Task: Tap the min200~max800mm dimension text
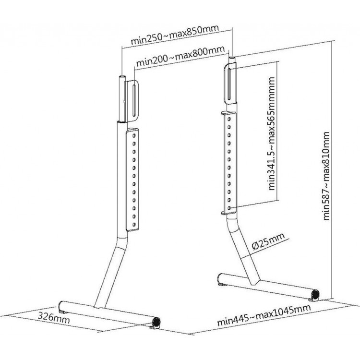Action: click(180, 56)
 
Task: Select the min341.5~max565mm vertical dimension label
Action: click(272, 133)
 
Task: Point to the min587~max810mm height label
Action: click(326, 176)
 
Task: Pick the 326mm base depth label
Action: click(54, 317)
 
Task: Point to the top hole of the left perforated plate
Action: click(134, 135)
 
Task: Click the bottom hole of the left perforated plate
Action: click(134, 224)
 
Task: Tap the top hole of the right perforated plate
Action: click(229, 119)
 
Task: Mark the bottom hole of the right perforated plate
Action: click(229, 207)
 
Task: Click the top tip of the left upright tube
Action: click(122, 76)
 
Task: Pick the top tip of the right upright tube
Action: click(232, 58)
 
